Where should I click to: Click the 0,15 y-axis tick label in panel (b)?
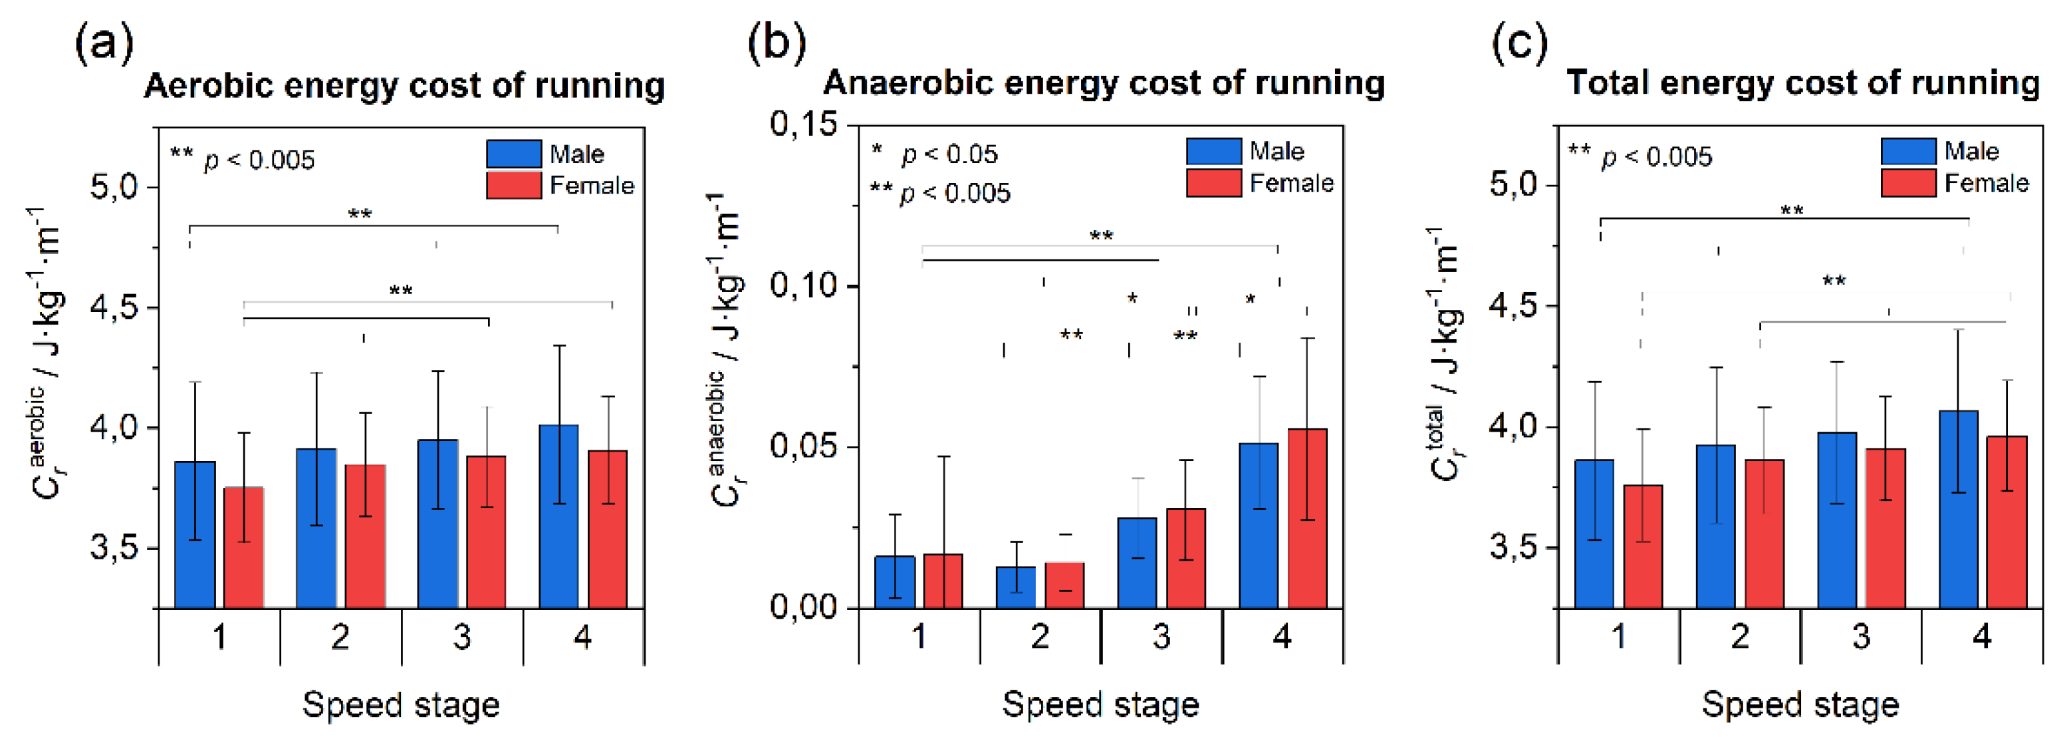click(803, 124)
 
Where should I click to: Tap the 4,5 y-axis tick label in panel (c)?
click(1515, 306)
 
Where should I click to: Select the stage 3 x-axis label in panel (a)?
click(462, 637)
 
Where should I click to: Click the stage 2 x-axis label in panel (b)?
click(1040, 637)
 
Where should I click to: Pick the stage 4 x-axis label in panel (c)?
click(1981, 637)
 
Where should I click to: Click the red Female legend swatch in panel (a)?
click(513, 185)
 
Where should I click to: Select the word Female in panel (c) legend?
click(1986, 184)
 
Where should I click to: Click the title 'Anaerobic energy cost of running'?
click(1104, 82)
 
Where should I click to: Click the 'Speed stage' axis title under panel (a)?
click(400, 705)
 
